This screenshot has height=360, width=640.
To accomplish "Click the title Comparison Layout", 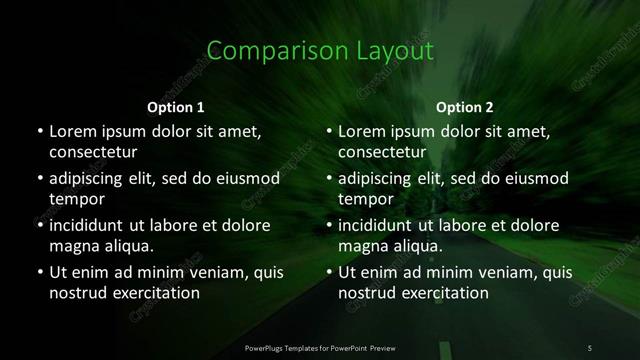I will [x=320, y=50].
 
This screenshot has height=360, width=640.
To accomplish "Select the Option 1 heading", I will [x=176, y=107].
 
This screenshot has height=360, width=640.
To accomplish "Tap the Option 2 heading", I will [x=465, y=107].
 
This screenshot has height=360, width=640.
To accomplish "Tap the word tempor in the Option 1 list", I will [x=77, y=198].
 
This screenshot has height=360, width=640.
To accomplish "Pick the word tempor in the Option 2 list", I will [x=367, y=198].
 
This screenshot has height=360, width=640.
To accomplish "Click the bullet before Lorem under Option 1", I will [x=38, y=132].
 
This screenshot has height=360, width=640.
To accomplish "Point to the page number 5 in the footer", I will [x=590, y=347].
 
